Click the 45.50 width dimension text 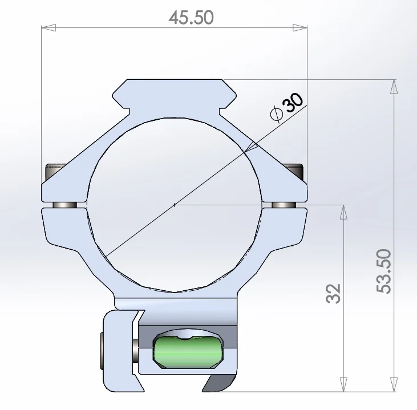click(191, 18)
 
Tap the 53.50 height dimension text click(384, 271)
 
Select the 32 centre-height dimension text click(333, 294)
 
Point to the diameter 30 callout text click(286, 108)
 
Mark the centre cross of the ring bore click(174, 205)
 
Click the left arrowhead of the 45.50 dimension click(48, 27)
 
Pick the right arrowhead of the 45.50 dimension click(300, 27)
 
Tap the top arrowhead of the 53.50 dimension click(394, 87)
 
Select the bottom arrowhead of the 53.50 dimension click(394, 384)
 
